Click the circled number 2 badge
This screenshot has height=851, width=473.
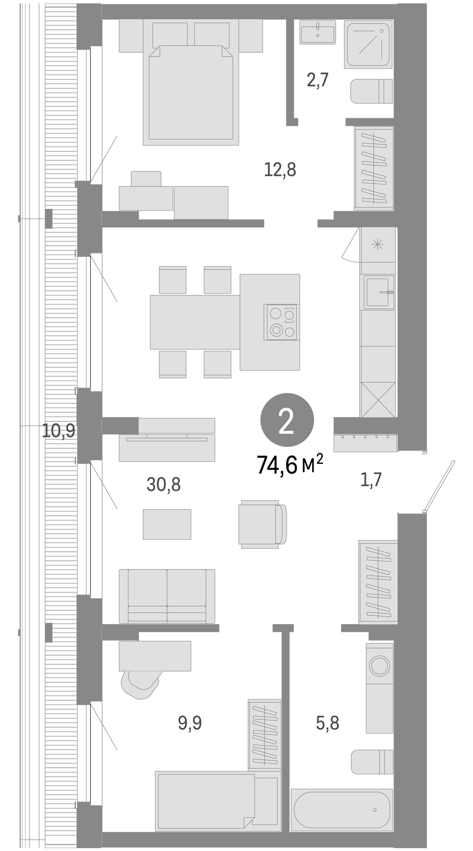tap(287, 422)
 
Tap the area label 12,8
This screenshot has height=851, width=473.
tap(280, 169)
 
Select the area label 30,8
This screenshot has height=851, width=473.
tap(164, 484)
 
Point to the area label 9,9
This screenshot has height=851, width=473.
tap(190, 723)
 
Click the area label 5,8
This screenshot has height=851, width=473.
tap(327, 723)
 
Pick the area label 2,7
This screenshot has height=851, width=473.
tap(317, 80)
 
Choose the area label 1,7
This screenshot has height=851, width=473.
tap(371, 480)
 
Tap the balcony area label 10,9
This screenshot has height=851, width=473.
tap(59, 431)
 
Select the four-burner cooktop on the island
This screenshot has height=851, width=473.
tap(281, 322)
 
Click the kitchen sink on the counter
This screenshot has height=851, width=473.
tap(378, 293)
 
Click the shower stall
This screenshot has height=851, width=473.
tap(369, 44)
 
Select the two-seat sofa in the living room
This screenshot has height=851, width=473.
tap(167, 596)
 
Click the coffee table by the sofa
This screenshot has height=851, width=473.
tap(167, 524)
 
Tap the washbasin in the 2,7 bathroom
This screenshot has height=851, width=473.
tap(317, 32)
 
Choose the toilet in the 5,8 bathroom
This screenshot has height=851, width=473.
tap(372, 762)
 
